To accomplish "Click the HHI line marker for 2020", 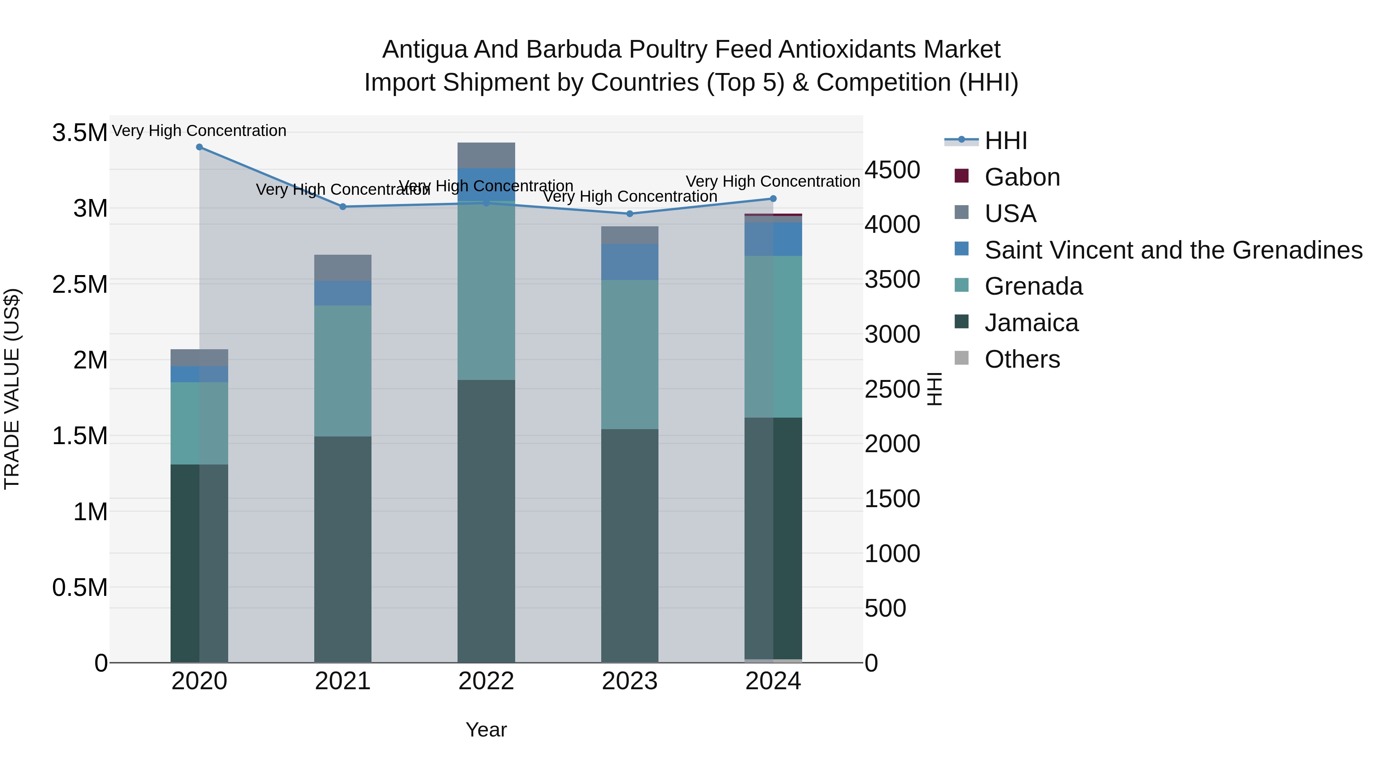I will [x=199, y=147].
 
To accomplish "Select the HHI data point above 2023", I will [x=630, y=214].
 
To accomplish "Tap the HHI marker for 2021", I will [x=343, y=207].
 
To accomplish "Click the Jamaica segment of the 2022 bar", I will [x=486, y=521].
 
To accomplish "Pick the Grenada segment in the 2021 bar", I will [x=343, y=370].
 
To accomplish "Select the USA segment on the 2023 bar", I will [x=629, y=235].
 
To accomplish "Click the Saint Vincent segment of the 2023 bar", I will [x=629, y=262].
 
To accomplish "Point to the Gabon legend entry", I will [x=1021, y=177].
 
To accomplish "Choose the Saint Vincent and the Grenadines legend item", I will [x=1173, y=250].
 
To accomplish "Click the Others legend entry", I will [x=1021, y=359].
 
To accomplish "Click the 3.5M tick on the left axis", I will [x=80, y=133].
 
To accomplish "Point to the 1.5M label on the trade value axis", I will [x=80, y=436].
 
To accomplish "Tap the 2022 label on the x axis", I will [x=486, y=681].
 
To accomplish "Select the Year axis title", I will [x=486, y=730].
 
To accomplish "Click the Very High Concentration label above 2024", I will [x=773, y=181].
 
